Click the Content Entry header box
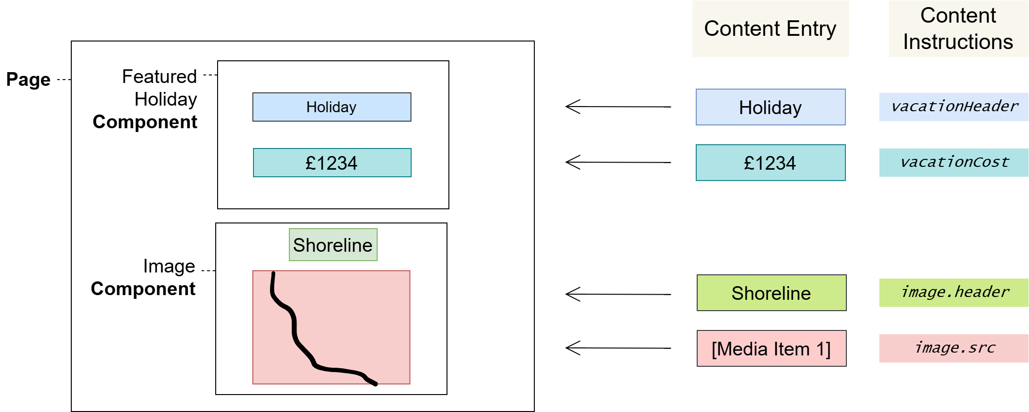770,29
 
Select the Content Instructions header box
958,29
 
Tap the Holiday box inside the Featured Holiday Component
331,107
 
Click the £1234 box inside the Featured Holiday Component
332,163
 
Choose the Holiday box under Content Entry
770,107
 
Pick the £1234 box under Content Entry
770,163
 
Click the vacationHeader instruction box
954,107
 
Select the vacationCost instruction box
954,163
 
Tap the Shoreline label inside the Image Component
333,245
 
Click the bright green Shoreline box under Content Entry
771,293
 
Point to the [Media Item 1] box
771,348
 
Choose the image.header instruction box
954,293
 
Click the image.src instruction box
954,348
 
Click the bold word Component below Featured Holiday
145,122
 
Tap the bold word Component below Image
143,289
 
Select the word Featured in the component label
159,76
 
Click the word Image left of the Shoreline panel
169,266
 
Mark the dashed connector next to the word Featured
210,75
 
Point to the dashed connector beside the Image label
208,271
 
